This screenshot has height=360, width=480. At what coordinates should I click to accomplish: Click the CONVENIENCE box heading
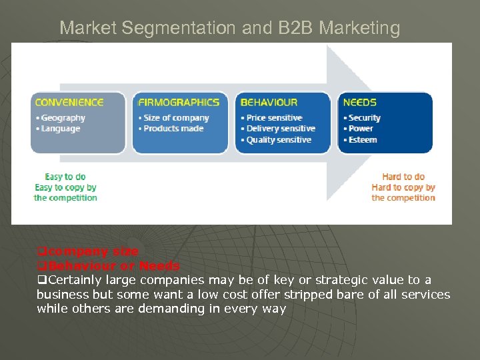[x=69, y=103]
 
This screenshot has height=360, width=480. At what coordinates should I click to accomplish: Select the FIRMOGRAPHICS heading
[x=178, y=103]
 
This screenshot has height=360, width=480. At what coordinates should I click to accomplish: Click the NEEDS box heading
[x=359, y=103]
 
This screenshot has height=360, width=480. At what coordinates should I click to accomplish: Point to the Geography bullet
[x=63, y=118]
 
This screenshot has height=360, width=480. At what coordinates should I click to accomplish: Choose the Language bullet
[x=60, y=129]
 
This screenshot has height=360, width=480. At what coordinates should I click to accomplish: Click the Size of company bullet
[x=176, y=118]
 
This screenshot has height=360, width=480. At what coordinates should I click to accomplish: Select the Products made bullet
[x=173, y=129]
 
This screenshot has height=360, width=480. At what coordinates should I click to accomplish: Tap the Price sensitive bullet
[x=274, y=118]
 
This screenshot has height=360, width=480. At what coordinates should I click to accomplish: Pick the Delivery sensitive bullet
[x=280, y=129]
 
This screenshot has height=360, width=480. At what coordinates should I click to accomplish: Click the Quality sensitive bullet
[x=279, y=140]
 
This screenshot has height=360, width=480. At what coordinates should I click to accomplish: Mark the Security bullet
[x=364, y=118]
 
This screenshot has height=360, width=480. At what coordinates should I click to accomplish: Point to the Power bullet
[x=361, y=129]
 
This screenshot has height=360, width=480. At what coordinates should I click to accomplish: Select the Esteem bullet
[x=362, y=140]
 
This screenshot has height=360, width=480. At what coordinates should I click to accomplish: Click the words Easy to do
[x=65, y=177]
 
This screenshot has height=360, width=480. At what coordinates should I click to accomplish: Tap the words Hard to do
[x=403, y=177]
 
